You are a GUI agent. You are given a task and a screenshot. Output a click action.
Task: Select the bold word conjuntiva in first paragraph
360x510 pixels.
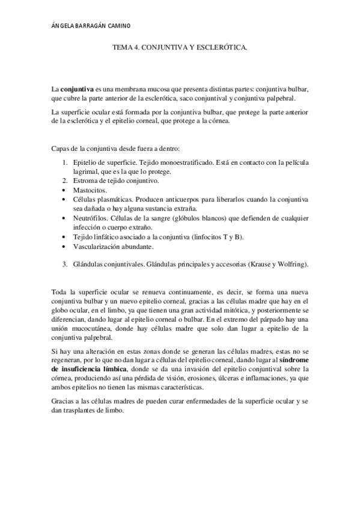click(76, 89)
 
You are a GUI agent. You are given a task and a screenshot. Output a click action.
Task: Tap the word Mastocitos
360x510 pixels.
click(89, 189)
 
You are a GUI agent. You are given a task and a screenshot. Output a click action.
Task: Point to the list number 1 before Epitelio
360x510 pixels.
click(66, 162)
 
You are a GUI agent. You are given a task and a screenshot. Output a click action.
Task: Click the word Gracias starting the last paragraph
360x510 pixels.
click(64, 401)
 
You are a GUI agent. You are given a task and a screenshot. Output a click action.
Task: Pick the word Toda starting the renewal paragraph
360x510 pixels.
click(60, 292)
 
